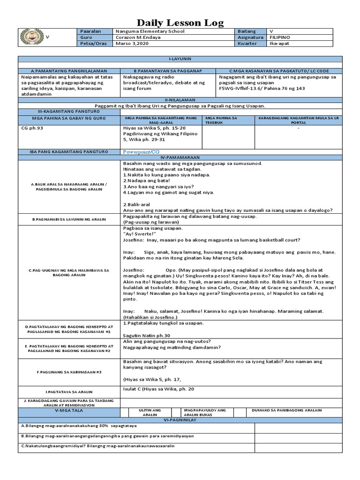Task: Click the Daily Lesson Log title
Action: (x=180, y=22)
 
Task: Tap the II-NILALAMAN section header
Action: (x=180, y=100)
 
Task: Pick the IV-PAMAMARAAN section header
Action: (x=180, y=157)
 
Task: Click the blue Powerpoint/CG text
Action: (x=142, y=152)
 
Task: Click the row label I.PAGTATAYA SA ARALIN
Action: (x=69, y=391)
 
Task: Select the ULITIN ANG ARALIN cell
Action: (x=150, y=412)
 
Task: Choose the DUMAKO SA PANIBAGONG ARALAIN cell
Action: (x=286, y=410)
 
